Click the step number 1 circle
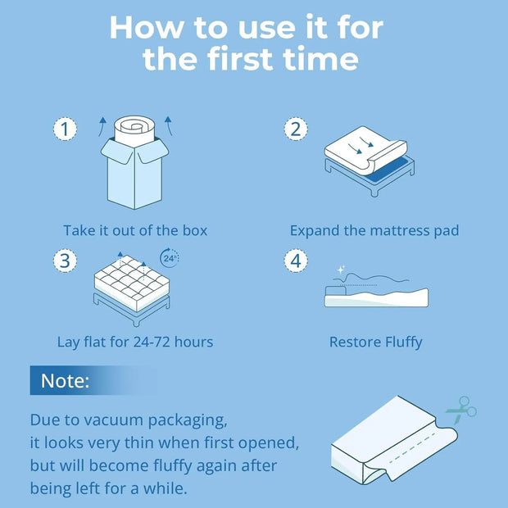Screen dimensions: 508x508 (x=66, y=129)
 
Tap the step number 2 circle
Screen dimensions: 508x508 (x=295, y=129)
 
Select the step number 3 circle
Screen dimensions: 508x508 (x=66, y=261)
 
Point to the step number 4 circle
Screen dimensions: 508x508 (x=295, y=261)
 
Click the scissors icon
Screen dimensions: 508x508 (x=461, y=407)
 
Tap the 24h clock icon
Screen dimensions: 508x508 (x=169, y=258)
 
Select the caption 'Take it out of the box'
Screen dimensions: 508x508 (x=135, y=230)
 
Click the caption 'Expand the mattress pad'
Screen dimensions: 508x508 (x=374, y=230)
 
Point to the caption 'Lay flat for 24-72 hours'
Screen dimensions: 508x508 (x=135, y=342)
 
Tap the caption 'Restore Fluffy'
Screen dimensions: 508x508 (x=375, y=342)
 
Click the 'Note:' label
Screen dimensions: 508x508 (x=66, y=381)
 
